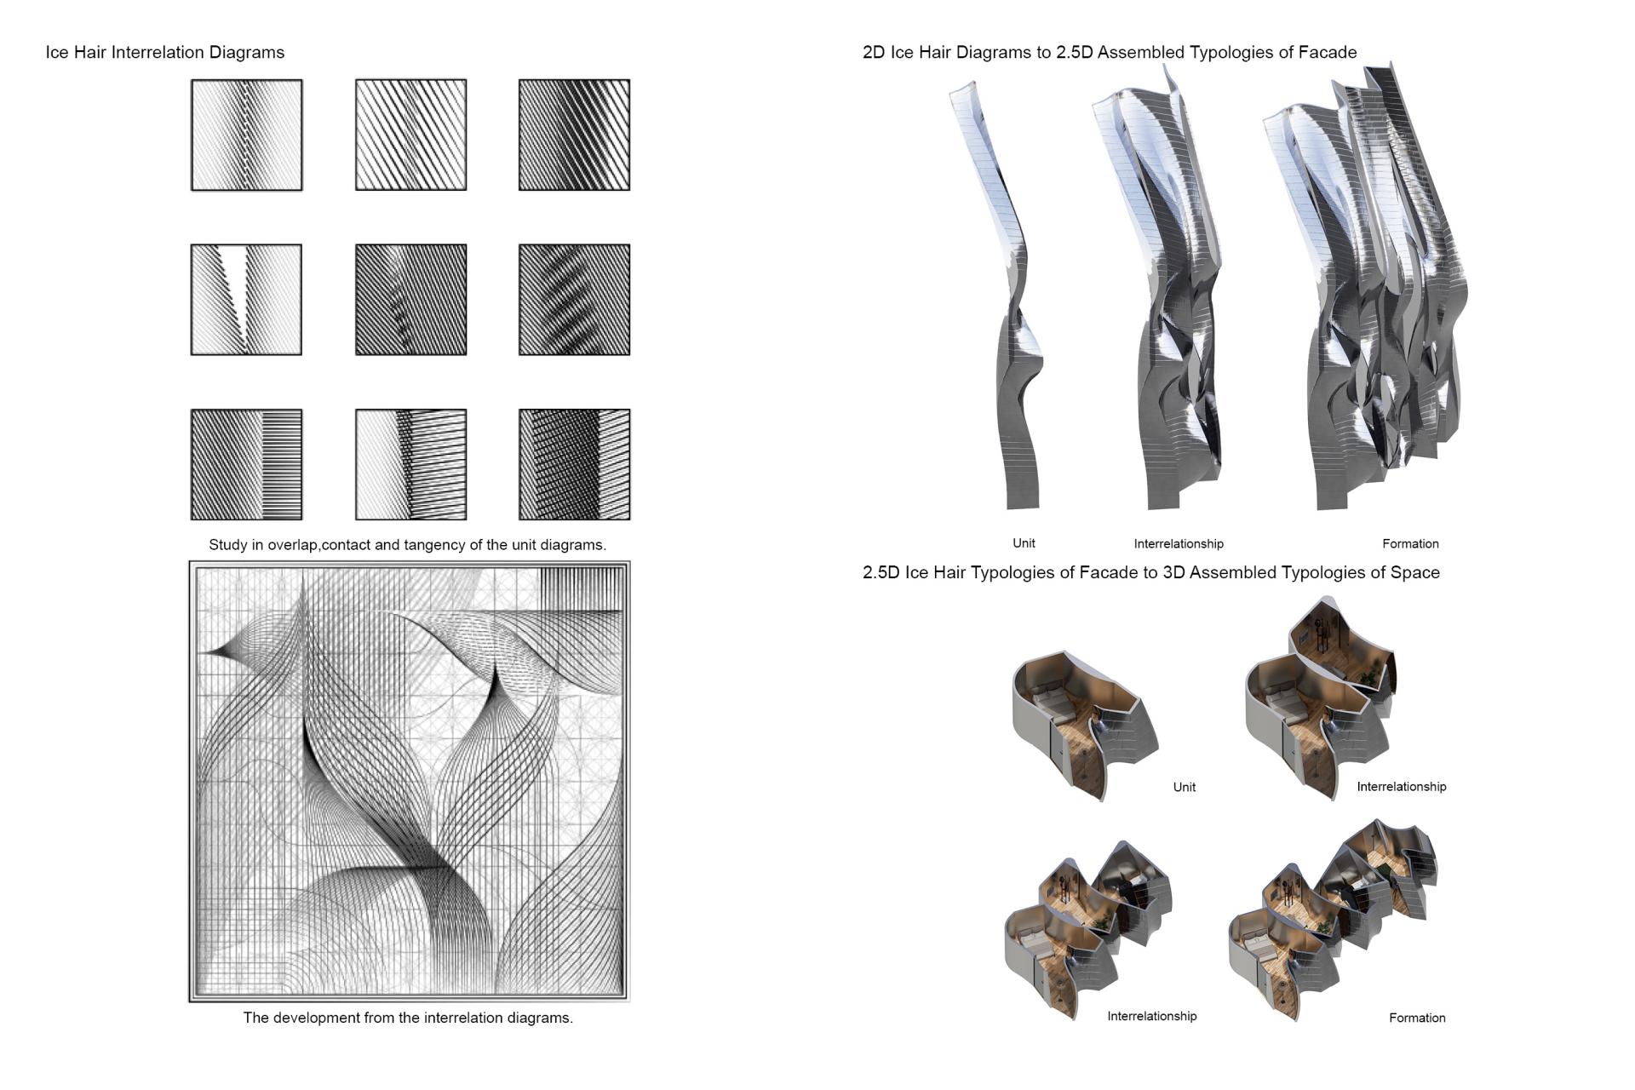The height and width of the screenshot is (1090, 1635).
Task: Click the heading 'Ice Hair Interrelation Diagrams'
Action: (x=165, y=53)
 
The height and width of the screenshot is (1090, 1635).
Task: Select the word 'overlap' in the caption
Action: (x=292, y=545)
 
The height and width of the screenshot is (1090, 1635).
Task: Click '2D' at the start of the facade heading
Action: (x=874, y=53)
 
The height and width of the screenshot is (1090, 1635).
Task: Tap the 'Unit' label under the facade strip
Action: (x=1024, y=543)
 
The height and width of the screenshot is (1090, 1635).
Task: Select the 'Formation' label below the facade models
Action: (x=1410, y=544)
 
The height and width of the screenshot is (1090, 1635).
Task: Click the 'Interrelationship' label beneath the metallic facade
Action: (x=1179, y=544)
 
